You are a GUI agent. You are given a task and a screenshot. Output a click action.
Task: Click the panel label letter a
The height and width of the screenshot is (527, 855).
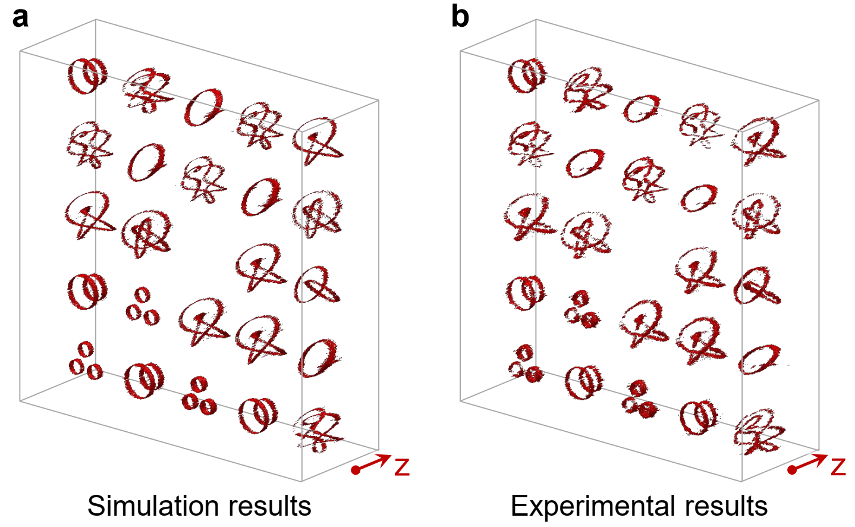click(x=20, y=17)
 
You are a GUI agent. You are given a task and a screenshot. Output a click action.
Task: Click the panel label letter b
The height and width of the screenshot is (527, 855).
click(x=460, y=17)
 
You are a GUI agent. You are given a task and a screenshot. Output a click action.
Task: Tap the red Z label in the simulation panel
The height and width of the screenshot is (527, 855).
click(x=403, y=467)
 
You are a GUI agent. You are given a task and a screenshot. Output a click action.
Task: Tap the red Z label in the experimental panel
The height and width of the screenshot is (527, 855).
click(x=838, y=467)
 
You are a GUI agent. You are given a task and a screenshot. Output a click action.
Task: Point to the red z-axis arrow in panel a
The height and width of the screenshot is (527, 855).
click(x=372, y=463)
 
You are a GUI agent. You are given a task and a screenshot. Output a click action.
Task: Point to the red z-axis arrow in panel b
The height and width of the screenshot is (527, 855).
click(x=809, y=463)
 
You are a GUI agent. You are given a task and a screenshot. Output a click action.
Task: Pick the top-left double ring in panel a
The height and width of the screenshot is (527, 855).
click(x=87, y=75)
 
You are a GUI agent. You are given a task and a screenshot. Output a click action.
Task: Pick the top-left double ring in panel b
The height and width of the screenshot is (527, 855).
click(x=526, y=75)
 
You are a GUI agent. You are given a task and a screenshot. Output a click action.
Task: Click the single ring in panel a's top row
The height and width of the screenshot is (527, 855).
click(x=205, y=106)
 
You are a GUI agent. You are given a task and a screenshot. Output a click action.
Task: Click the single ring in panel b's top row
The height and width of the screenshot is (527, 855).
click(x=642, y=108)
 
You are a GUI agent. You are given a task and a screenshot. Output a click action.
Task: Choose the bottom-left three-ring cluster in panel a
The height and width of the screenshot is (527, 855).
click(x=85, y=361)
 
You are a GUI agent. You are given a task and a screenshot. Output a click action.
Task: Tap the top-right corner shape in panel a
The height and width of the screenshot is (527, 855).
click(x=318, y=140)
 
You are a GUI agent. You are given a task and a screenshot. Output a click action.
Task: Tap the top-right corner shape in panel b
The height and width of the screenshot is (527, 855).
click(x=759, y=142)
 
